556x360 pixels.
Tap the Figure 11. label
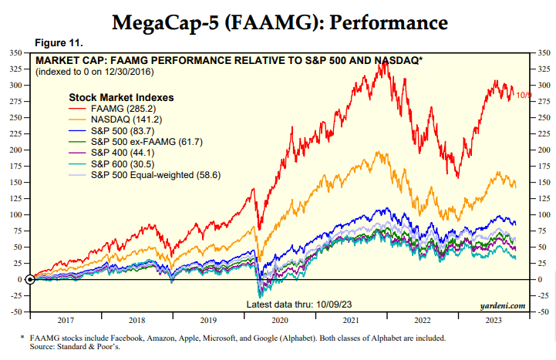58,42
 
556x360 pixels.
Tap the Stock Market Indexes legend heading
121,98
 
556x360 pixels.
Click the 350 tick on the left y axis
15,53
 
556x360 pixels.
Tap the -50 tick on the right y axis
543,311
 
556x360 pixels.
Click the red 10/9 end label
524,95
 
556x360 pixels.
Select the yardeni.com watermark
502,305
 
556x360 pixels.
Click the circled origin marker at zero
30,279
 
